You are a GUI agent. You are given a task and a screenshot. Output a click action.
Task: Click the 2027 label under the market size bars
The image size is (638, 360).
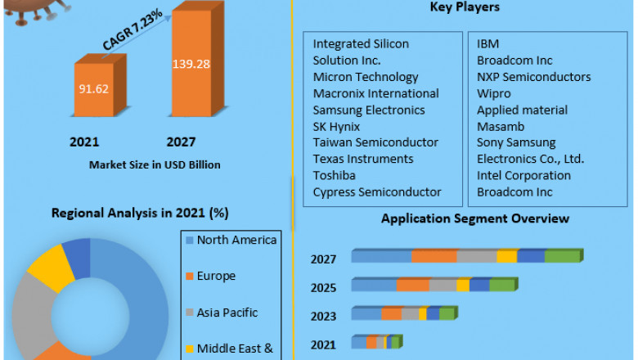181,142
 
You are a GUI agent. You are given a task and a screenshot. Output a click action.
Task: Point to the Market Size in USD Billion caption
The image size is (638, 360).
155,164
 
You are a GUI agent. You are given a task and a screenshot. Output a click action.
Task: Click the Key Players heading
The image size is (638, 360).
465,7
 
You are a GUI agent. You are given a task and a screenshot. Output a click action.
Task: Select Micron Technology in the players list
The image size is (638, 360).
366,77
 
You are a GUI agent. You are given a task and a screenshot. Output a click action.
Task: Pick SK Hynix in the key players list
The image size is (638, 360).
336,126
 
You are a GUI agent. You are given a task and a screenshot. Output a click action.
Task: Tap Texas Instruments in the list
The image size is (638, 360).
363,159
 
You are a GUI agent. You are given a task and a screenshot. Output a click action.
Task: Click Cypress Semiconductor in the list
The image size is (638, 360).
377,191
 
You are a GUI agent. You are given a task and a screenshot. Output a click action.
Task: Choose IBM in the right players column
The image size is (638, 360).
488,44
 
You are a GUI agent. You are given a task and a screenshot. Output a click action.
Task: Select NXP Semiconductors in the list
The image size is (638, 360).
533,77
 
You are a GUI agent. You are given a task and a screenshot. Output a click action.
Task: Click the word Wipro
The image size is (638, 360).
493,93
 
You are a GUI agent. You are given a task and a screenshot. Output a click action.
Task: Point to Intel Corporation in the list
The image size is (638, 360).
523,175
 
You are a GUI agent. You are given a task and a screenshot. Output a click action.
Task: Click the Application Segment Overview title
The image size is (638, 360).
475,218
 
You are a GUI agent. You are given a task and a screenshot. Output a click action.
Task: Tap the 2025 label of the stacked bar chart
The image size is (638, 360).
323,286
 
